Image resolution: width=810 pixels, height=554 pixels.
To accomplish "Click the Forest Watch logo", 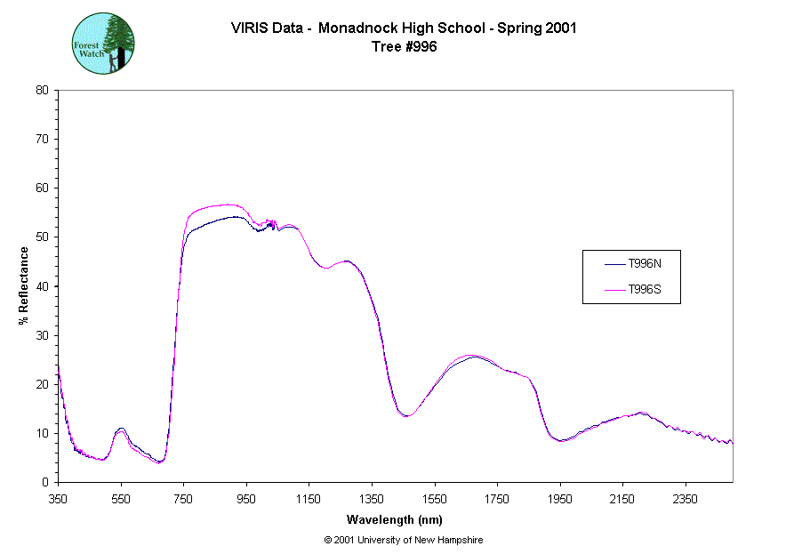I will pos(103,43).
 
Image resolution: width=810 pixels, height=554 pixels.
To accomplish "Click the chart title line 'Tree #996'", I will pos(404,47).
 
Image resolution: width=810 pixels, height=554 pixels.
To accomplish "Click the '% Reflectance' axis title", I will pos(24,285).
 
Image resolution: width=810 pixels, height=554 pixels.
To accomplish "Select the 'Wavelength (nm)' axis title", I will pos(395,520).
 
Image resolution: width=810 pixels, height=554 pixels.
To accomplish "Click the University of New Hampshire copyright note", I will pos(404,540).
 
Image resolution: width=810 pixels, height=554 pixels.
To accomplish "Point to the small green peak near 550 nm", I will pos(121,430).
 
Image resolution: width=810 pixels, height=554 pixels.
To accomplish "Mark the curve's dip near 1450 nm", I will pos(405,415).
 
